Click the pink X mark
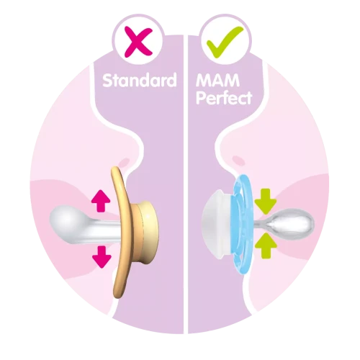(x=138, y=42)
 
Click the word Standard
(x=140, y=80)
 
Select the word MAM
(x=217, y=80)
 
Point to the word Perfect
(x=224, y=97)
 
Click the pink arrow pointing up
(x=101, y=201)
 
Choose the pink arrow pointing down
(x=102, y=257)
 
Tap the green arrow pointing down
(x=265, y=202)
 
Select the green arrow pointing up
(x=266, y=246)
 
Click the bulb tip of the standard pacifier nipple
(x=66, y=218)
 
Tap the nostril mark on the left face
(x=125, y=163)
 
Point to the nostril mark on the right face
(x=238, y=161)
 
